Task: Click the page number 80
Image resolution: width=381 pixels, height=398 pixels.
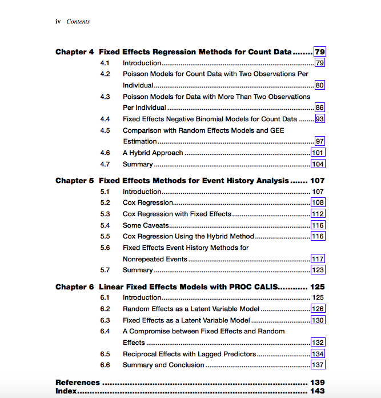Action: pyautogui.click(x=320, y=85)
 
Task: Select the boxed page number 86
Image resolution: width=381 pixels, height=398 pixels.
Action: pyautogui.click(x=320, y=108)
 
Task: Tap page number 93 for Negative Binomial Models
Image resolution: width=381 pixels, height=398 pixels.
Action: pyautogui.click(x=320, y=119)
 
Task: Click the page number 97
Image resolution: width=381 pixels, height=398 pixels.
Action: pyautogui.click(x=320, y=141)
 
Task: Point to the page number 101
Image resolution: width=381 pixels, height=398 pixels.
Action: pyautogui.click(x=318, y=153)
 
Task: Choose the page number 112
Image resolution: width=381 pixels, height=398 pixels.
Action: pyautogui.click(x=318, y=214)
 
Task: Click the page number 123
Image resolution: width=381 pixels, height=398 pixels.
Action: pyautogui.click(x=318, y=270)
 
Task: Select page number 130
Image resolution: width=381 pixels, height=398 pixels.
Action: pyautogui.click(x=318, y=320)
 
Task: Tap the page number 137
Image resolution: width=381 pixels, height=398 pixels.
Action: pyautogui.click(x=318, y=365)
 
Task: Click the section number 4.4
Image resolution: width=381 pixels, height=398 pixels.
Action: pyautogui.click(x=105, y=119)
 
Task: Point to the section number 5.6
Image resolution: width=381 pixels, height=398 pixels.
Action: pyautogui.click(x=105, y=248)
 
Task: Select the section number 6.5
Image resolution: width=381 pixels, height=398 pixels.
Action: pyautogui.click(x=105, y=354)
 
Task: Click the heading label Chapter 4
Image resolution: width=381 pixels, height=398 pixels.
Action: pyautogui.click(x=74, y=52)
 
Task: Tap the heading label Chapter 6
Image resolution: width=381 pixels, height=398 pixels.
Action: pyautogui.click(x=74, y=286)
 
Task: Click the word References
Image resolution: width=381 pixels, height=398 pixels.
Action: pyautogui.click(x=78, y=382)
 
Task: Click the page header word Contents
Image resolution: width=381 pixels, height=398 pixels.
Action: pyautogui.click(x=78, y=22)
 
